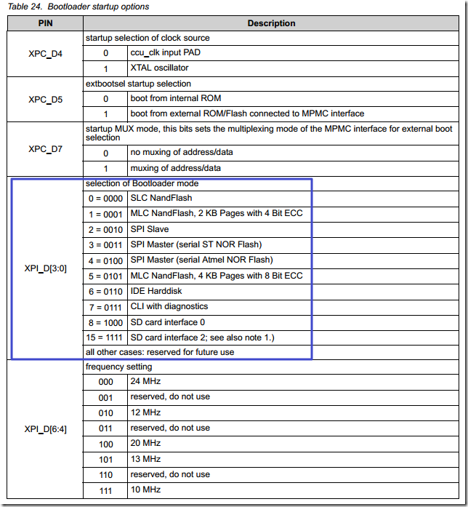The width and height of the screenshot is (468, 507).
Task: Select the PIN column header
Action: coord(45,23)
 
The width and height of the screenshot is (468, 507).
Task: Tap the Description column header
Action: coord(271,23)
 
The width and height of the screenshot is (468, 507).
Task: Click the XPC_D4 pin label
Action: coord(45,53)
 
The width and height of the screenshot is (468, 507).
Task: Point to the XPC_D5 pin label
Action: coord(45,99)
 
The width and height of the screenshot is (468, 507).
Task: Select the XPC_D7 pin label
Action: coord(45,148)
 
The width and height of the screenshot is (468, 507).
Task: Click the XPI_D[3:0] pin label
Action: coord(45,268)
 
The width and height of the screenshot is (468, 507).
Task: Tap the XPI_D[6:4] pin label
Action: coord(45,428)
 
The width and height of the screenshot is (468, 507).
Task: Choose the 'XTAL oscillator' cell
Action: coord(159,68)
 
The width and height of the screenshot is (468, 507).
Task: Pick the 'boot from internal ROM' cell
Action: coord(175,98)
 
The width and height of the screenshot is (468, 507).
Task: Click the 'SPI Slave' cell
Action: coord(150,229)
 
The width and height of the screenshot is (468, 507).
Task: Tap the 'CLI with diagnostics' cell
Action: coord(169,306)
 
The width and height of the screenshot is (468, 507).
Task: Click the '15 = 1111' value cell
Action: coord(105,338)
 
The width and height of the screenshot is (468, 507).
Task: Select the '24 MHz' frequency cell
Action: coord(145,381)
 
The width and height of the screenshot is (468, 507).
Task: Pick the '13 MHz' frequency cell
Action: coord(145,458)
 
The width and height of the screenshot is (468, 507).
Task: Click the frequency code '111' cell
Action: coord(105,490)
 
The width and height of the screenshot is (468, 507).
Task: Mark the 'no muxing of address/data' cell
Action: coord(182,153)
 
